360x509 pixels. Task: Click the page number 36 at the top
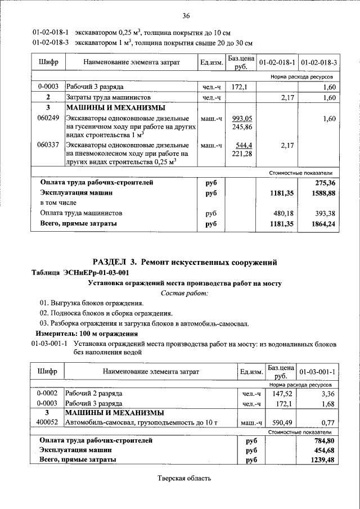pos(186,15)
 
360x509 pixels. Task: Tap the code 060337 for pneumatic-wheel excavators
pos(48,145)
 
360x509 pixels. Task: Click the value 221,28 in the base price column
pos(243,154)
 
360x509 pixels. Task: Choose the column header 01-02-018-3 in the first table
pos(318,62)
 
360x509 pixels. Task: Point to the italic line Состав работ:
pos(184,293)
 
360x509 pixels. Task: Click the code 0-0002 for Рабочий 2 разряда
pos(48,394)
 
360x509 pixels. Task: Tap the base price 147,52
pos(279,394)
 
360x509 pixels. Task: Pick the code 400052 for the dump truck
pos(48,422)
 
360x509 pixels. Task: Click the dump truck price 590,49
pos(279,422)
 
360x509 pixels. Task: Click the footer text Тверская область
pos(184,479)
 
